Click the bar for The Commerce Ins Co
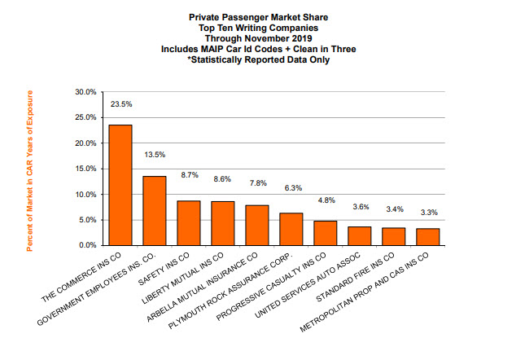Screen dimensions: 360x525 point(120,185)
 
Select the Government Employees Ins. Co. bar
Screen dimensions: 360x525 point(155,210)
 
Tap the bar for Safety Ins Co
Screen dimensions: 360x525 point(189,222)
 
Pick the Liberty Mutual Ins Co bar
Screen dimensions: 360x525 point(223,223)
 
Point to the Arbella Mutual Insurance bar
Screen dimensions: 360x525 point(257,225)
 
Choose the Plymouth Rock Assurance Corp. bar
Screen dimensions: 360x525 point(291,229)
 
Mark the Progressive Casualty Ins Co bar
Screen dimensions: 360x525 point(326,233)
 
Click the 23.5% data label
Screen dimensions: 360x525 point(120,104)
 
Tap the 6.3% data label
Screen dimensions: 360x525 point(291,188)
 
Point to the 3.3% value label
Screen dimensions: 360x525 point(427,213)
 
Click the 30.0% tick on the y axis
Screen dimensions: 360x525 point(85,92)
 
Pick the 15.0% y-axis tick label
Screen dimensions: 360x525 point(85,169)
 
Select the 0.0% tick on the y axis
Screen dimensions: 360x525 point(87,245)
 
